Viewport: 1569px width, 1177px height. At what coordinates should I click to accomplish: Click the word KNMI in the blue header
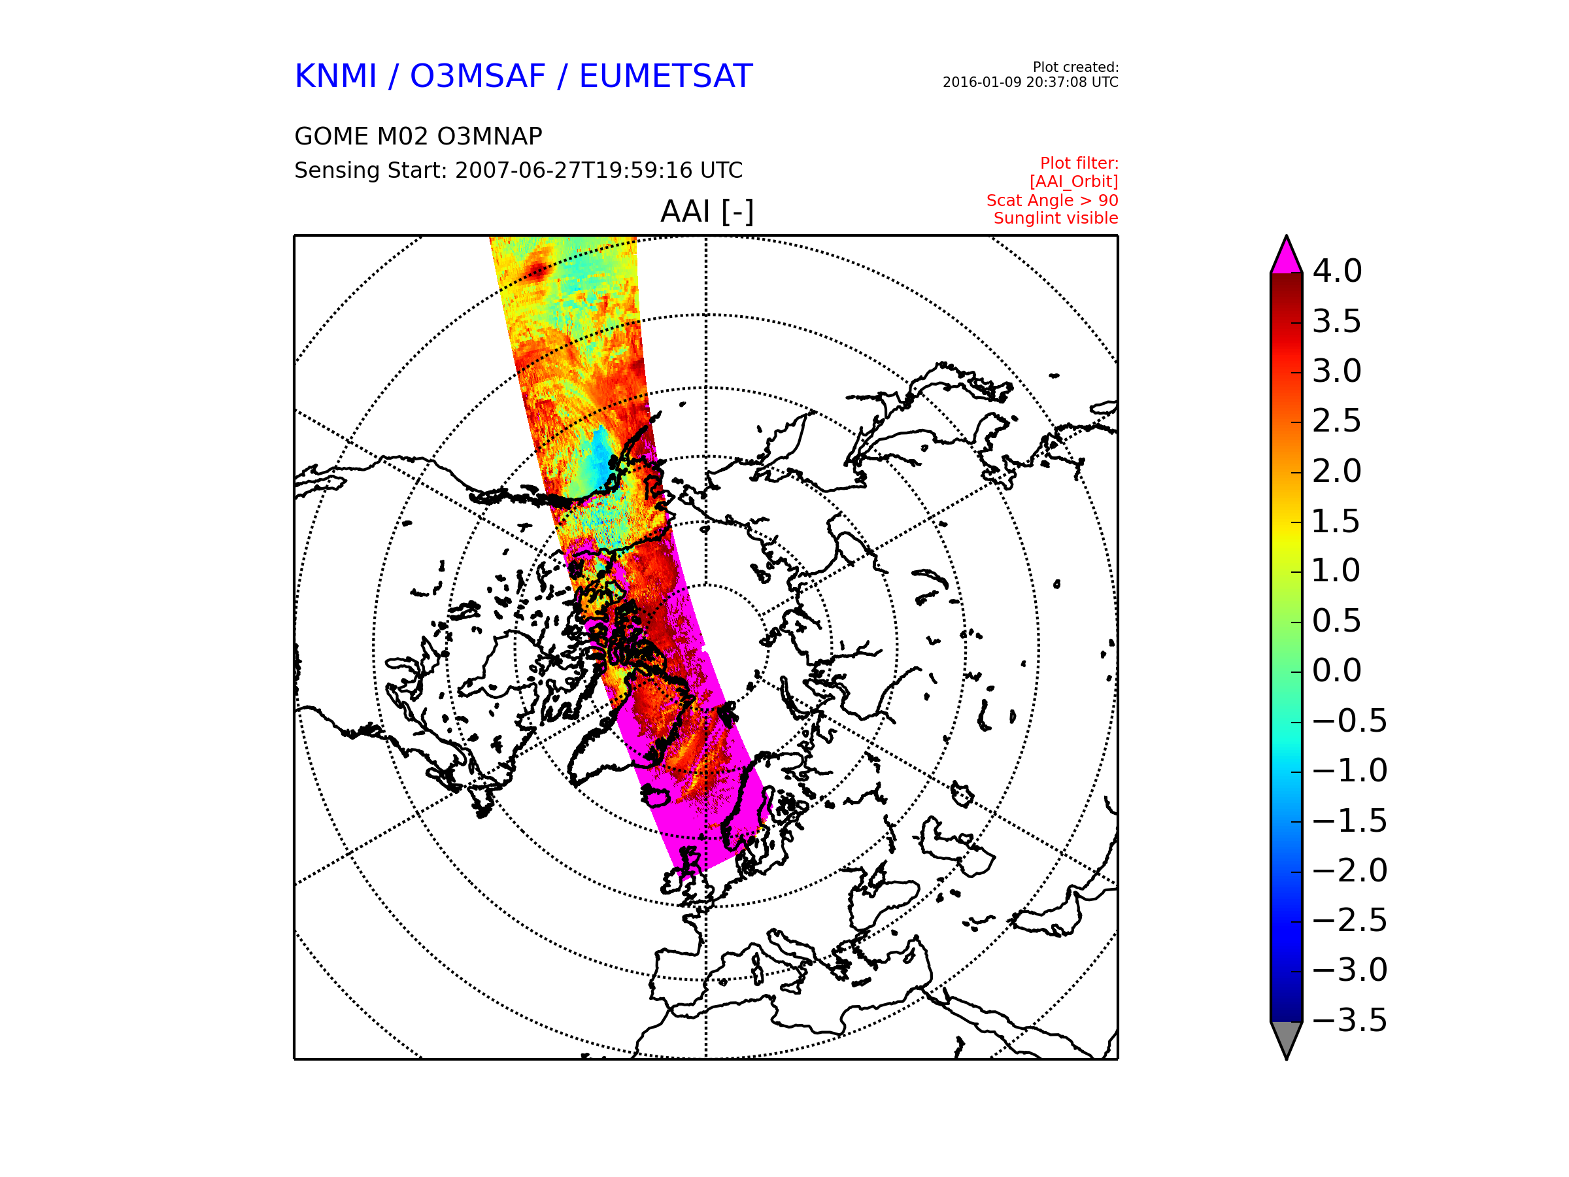pyautogui.click(x=335, y=77)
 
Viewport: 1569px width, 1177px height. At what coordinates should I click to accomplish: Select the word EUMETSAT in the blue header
pyautogui.click(x=666, y=77)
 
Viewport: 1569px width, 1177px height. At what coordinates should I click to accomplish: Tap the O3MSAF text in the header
pyautogui.click(x=478, y=77)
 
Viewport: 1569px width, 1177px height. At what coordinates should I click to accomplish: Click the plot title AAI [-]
pyautogui.click(x=707, y=211)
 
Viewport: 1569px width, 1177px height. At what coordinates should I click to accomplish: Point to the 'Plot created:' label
pyautogui.click(x=1075, y=67)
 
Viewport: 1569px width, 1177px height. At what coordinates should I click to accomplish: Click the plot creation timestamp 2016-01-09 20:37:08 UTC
pyautogui.click(x=1030, y=82)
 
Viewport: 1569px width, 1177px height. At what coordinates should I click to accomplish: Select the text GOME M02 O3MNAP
pyautogui.click(x=418, y=136)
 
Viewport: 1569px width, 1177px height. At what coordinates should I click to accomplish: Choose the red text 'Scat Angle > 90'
pyautogui.click(x=1052, y=201)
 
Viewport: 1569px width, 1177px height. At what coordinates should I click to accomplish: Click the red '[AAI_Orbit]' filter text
pyautogui.click(x=1074, y=182)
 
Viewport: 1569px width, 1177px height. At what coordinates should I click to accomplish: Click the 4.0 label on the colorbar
pyautogui.click(x=1337, y=271)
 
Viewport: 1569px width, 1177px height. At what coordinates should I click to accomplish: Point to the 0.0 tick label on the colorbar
pyautogui.click(x=1337, y=670)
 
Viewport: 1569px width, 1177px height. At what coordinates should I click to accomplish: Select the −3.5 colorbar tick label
pyautogui.click(x=1350, y=1020)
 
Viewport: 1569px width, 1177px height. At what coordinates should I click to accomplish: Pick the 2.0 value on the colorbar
pyautogui.click(x=1337, y=471)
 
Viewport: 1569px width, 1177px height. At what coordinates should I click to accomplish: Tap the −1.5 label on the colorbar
pyautogui.click(x=1350, y=821)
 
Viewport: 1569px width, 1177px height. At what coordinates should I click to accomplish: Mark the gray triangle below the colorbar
pyautogui.click(x=1287, y=1037)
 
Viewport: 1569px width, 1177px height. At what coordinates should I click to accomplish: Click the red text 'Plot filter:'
pyautogui.click(x=1079, y=164)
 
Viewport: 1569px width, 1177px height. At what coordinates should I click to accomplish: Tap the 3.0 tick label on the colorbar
pyautogui.click(x=1337, y=371)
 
